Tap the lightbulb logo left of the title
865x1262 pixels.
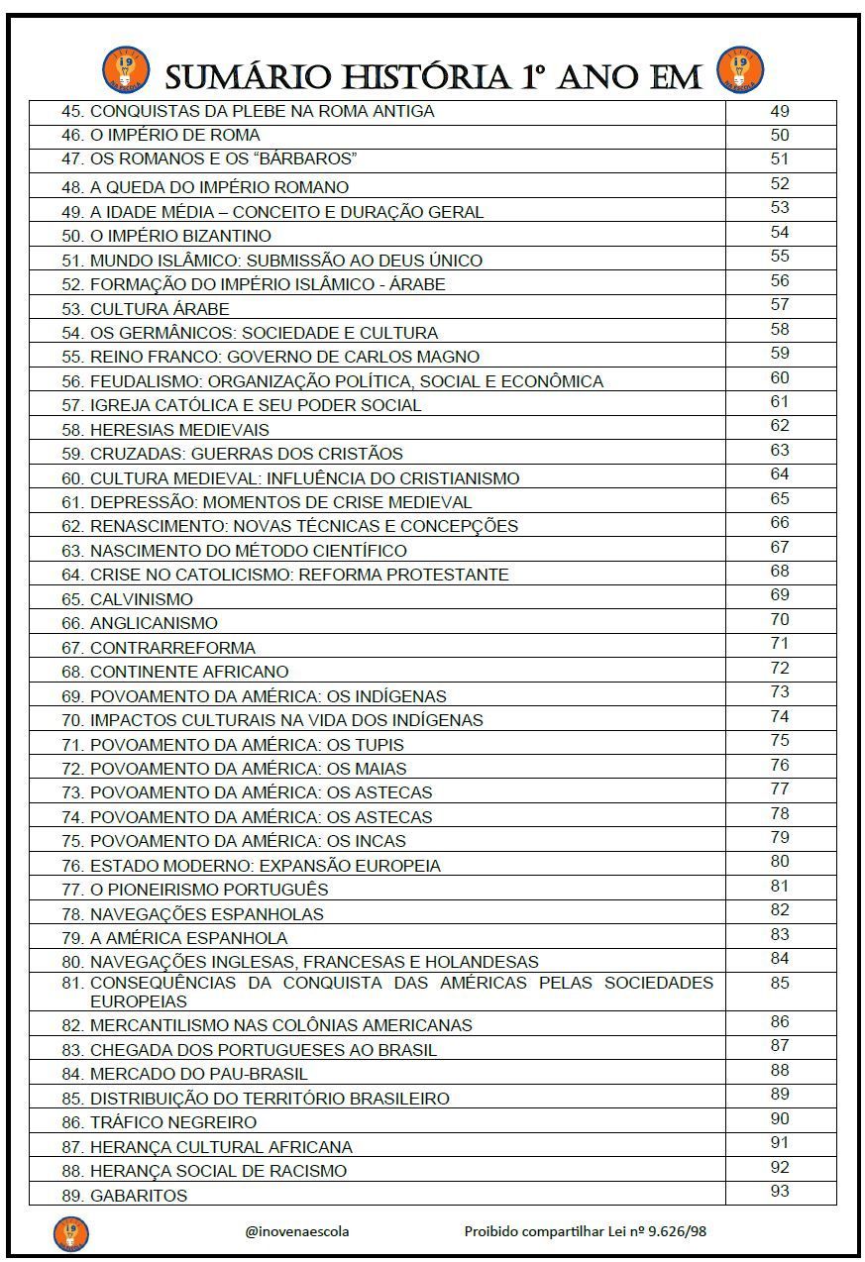(125, 71)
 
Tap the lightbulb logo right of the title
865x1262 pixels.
(740, 70)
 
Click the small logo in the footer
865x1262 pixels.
(70, 1233)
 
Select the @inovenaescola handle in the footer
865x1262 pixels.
(297, 1231)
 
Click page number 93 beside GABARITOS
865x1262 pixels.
(780, 1191)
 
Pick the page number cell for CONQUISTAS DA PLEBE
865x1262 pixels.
(780, 111)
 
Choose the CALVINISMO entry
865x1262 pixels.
(141, 599)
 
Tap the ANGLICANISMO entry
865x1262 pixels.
(154, 623)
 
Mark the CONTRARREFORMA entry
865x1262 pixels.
(172, 648)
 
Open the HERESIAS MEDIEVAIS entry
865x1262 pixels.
(179, 430)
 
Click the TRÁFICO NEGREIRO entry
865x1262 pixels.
(172, 1122)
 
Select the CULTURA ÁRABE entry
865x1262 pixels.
(160, 309)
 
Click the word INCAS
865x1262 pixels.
(381, 841)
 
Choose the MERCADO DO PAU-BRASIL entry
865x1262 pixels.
(198, 1074)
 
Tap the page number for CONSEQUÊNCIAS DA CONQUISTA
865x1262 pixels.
(780, 984)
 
